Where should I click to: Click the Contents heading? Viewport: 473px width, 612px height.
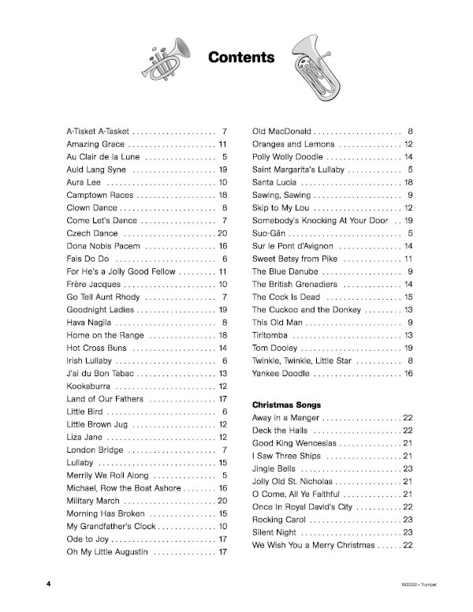241,58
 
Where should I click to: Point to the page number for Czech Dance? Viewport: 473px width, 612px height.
222,212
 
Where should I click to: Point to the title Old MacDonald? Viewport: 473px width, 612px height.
281,130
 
